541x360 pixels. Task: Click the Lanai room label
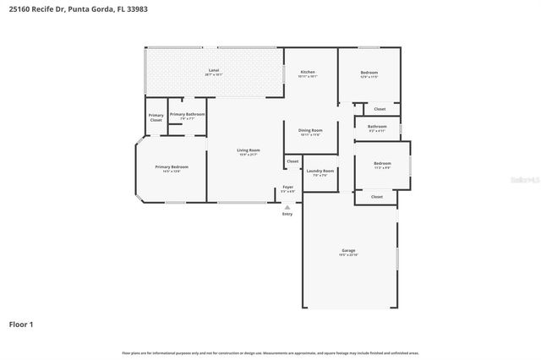(x=214, y=70)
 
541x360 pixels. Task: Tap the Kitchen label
(x=308, y=73)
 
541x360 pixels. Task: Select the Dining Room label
(x=310, y=130)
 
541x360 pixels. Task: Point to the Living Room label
(x=248, y=150)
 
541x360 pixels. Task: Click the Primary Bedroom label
(x=172, y=167)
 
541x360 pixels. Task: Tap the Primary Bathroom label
(x=187, y=114)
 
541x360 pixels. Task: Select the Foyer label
(x=287, y=187)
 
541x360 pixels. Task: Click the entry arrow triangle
(x=287, y=206)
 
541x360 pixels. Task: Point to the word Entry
(x=287, y=214)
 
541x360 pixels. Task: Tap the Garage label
(x=348, y=250)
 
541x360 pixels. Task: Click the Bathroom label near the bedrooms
(x=376, y=127)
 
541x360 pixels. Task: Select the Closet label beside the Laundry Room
(x=292, y=161)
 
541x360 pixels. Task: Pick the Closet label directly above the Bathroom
(x=380, y=108)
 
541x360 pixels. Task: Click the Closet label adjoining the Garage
(x=377, y=196)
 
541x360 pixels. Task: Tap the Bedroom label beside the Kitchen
(x=369, y=73)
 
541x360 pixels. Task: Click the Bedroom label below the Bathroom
(x=382, y=163)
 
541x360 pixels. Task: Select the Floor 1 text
(x=21, y=324)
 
